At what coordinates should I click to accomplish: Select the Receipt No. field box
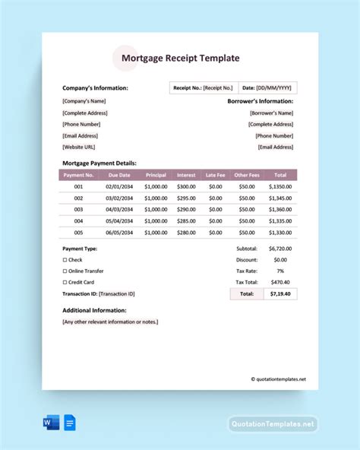[203, 88]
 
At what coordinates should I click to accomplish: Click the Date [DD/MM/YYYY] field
[267, 88]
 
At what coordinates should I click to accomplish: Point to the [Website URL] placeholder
[79, 147]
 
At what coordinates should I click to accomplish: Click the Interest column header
[186, 175]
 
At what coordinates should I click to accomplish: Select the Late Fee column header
[216, 175]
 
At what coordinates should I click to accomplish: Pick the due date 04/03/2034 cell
[119, 209]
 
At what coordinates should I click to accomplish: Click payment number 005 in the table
[78, 233]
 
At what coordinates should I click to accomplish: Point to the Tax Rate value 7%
[280, 271]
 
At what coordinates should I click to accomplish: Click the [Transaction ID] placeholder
[117, 293]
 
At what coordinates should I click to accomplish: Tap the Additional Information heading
[94, 310]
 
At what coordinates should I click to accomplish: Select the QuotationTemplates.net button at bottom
[273, 424]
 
